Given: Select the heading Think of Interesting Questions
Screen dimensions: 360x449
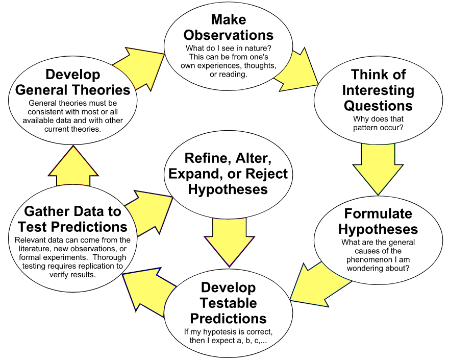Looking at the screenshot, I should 378,90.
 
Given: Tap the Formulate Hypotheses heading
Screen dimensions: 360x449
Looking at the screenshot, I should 378,221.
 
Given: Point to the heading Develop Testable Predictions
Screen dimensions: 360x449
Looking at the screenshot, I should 228,303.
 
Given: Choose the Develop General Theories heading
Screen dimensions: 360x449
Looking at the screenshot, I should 73,82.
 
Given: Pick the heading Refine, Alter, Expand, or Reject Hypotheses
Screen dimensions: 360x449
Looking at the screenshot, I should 228,174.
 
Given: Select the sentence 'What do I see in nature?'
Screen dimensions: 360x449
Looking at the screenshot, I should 228,48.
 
